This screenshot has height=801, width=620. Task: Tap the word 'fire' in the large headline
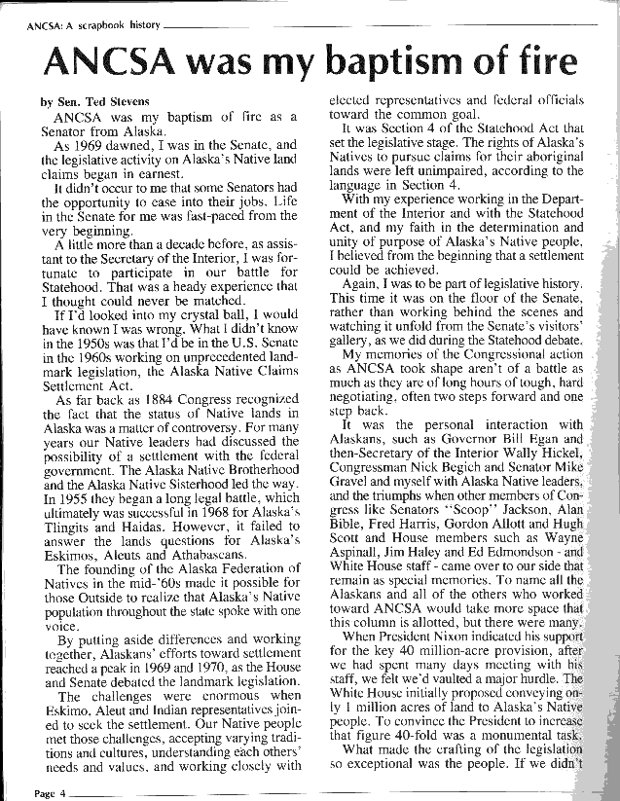click(x=535, y=63)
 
